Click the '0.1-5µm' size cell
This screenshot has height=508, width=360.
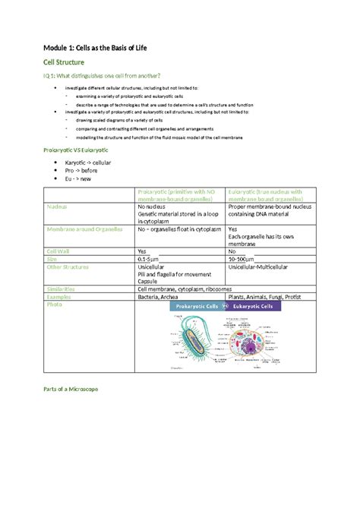pos(150,259)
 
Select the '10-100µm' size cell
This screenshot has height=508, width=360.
pos(242,259)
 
